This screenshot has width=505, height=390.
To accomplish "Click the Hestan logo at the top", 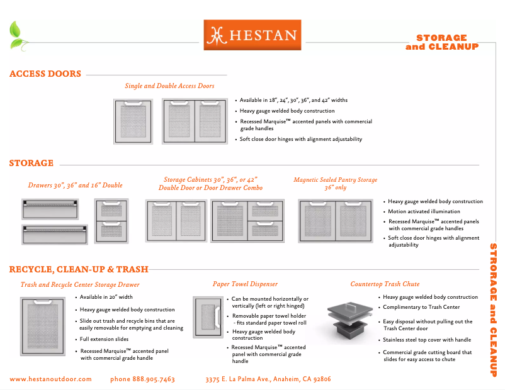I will [252, 35].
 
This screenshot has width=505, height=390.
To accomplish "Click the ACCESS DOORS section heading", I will [45, 74].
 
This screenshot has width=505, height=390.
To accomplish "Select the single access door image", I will [133, 122].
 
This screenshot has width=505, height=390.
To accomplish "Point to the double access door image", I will [194, 122].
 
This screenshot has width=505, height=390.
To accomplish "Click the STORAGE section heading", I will [31, 164].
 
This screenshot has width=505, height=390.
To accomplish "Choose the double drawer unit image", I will [111, 221].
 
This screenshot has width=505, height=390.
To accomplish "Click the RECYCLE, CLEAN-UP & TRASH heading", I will [79, 270].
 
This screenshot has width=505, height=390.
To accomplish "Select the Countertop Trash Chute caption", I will [385, 284].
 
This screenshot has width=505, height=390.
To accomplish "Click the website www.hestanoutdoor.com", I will [50, 379].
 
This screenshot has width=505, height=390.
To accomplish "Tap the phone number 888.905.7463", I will [142, 379].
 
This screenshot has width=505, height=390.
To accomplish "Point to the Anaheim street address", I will [268, 379].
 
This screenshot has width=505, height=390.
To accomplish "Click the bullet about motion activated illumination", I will [424, 212].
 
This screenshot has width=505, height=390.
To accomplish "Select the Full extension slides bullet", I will [105, 339].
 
